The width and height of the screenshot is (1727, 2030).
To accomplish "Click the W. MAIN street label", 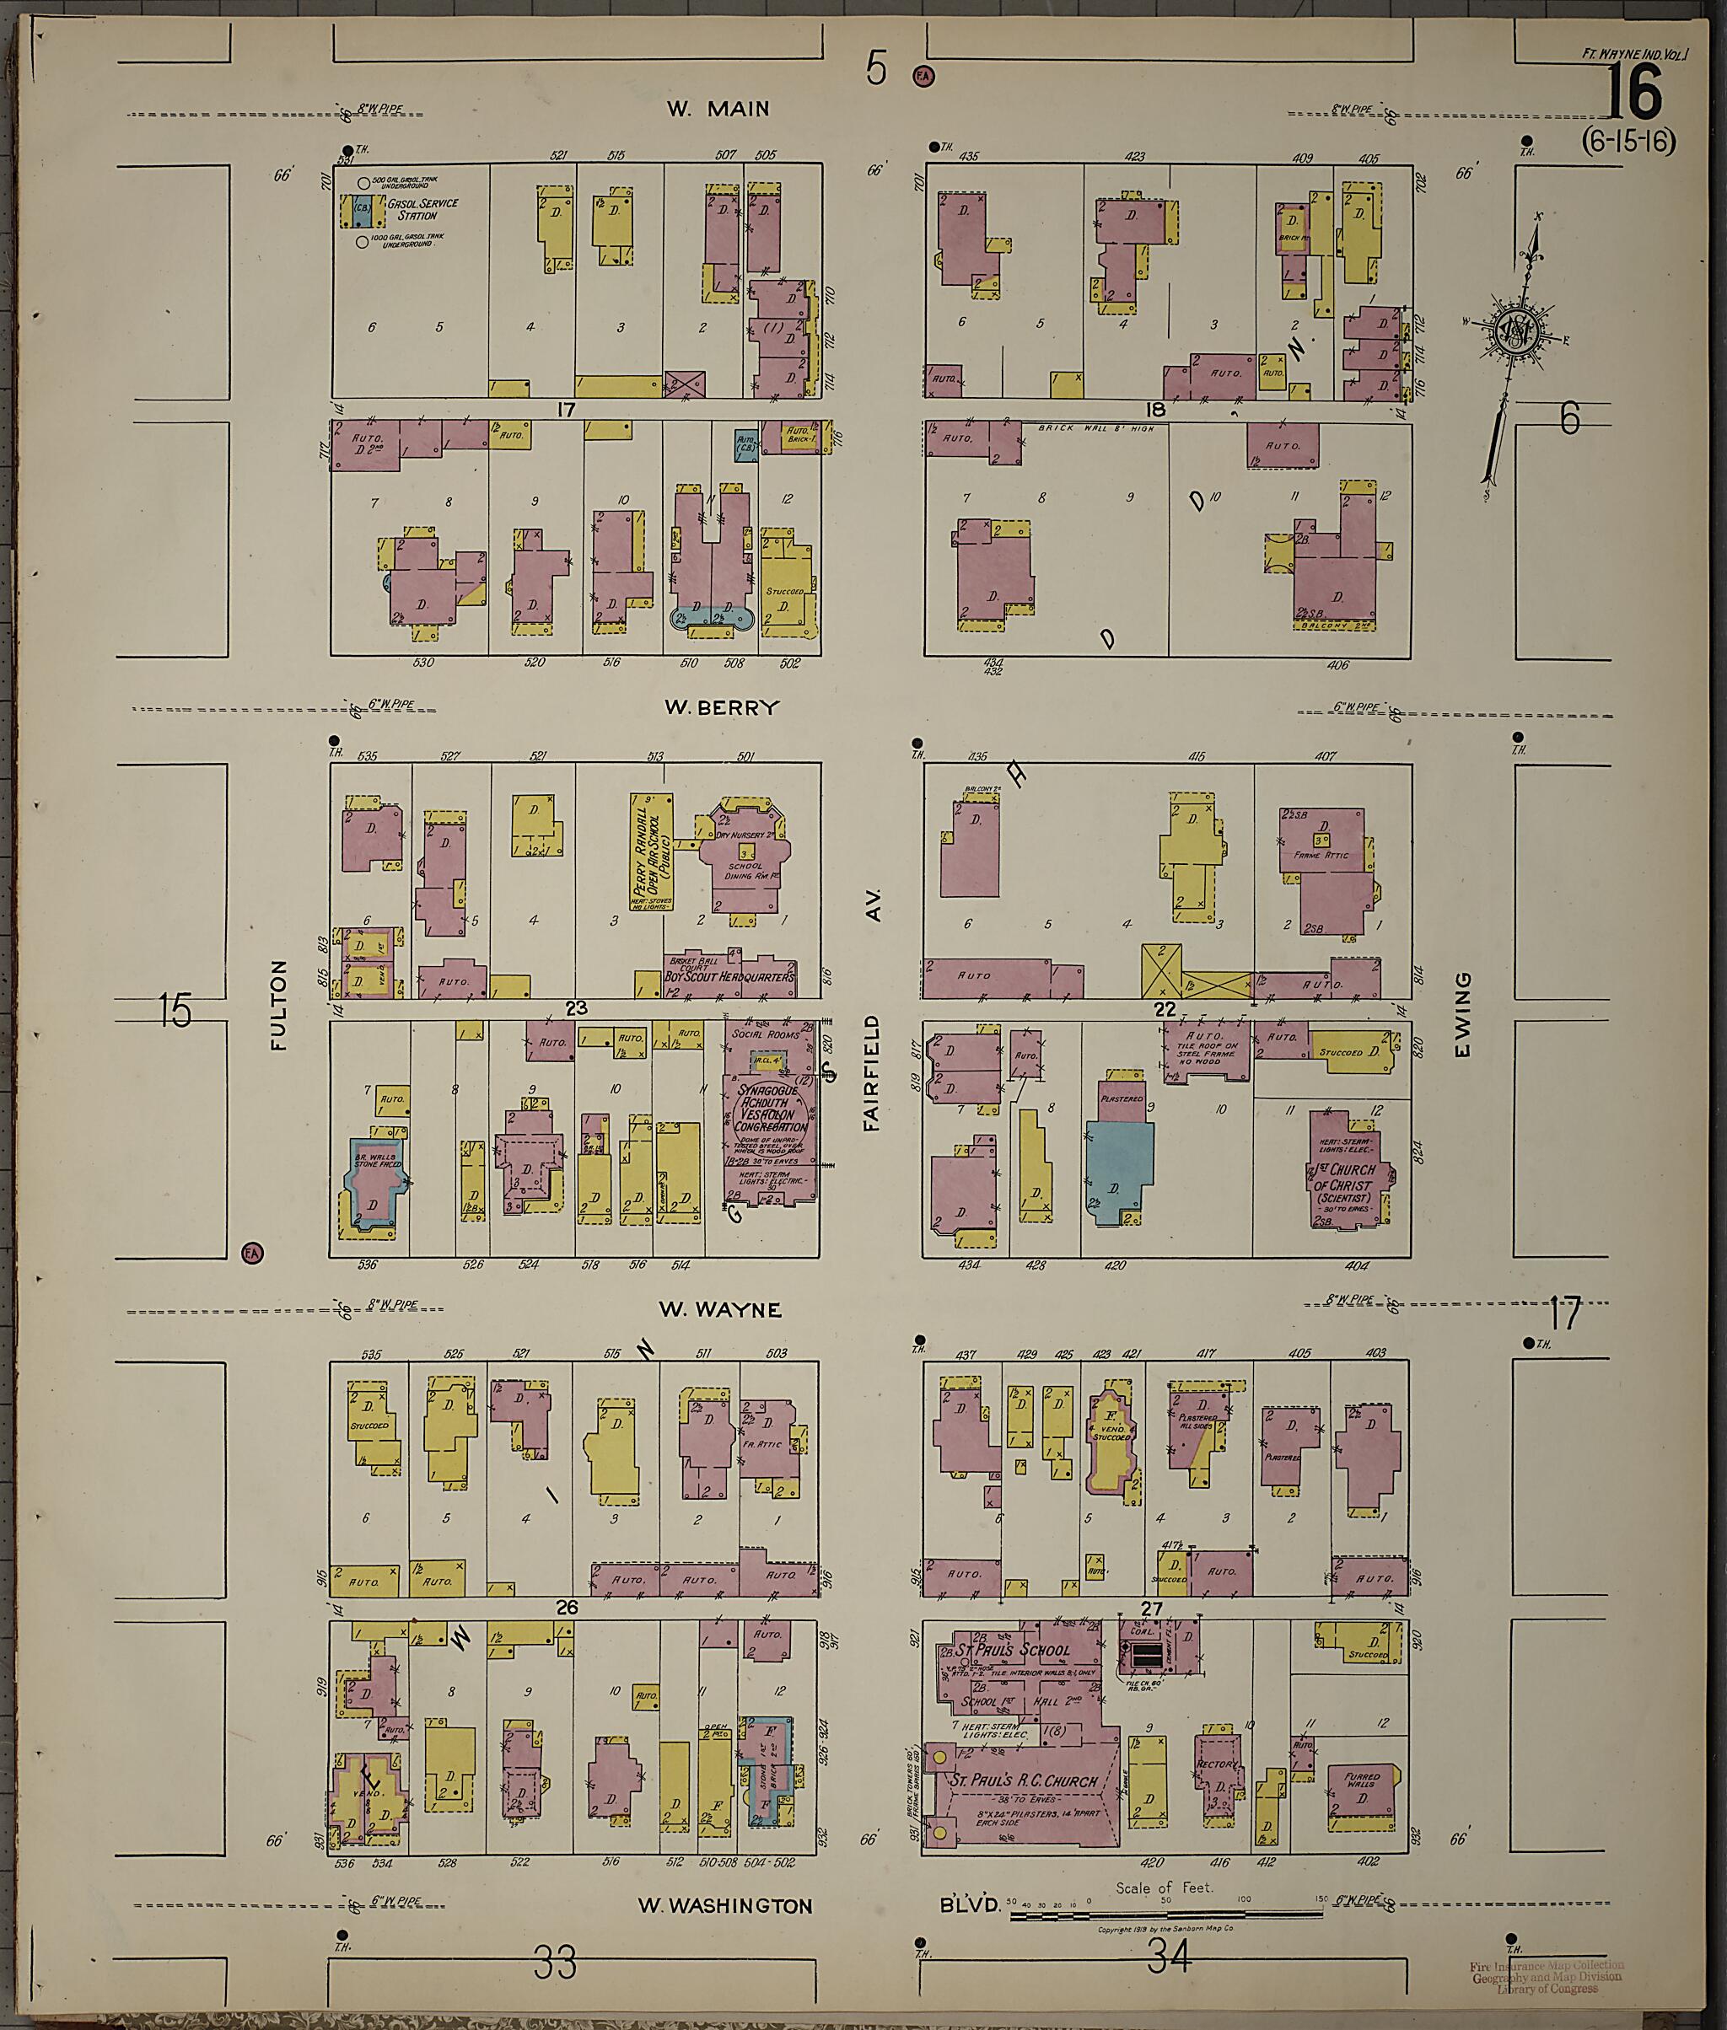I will [718, 110].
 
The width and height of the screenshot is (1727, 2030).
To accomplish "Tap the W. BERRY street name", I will [722, 707].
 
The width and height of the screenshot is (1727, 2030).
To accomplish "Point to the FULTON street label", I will [279, 1004].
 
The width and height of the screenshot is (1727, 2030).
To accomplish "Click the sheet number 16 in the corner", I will [1634, 92].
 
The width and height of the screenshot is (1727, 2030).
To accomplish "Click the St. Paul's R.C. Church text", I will [1023, 1780].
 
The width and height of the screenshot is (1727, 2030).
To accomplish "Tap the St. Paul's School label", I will [1014, 1651].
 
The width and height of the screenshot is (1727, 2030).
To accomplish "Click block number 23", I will [576, 1007].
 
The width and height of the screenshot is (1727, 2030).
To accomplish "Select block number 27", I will [1151, 1608].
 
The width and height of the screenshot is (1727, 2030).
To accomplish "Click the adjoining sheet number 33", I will [555, 1963].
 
